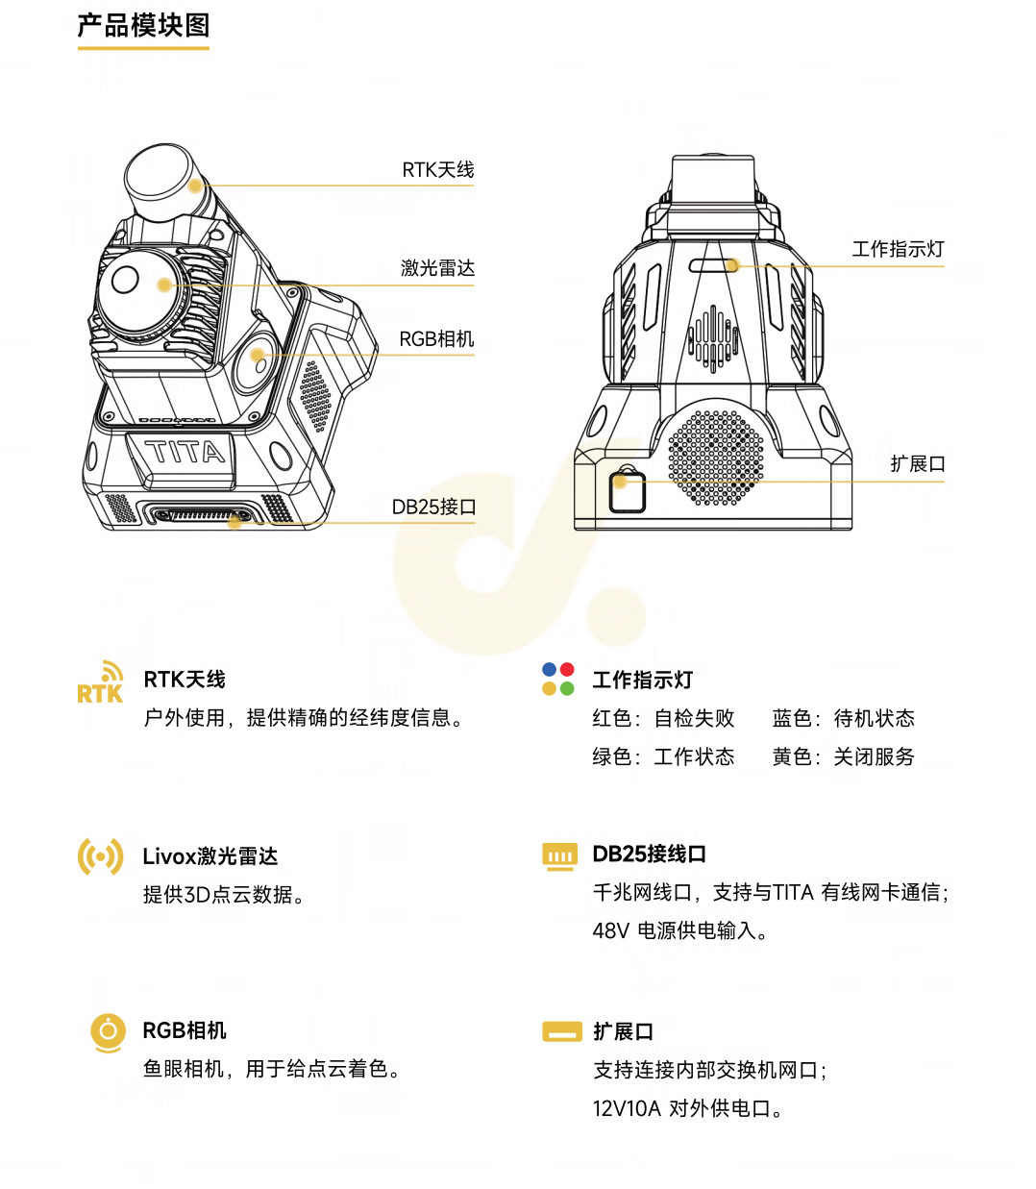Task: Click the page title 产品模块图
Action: pos(143,25)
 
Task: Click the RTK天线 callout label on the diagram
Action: pos(438,170)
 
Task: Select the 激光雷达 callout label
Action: pos(438,268)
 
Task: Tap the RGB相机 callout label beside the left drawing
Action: pos(437,339)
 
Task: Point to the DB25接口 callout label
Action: pos(434,508)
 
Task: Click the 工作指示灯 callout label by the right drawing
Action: pos(898,250)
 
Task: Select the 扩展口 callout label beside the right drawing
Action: pos(918,464)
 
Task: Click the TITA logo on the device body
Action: pos(185,452)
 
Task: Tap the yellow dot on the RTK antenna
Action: pos(196,186)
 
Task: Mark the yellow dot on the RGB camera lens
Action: pos(258,355)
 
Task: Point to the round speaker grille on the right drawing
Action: pos(716,458)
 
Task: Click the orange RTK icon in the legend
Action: pos(101,683)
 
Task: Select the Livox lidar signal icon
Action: pos(101,856)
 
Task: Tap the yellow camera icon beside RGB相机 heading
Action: pos(108,1032)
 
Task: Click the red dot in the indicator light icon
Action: pos(567,670)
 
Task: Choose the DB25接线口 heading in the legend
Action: pos(650,855)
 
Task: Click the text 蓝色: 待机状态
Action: pos(843,719)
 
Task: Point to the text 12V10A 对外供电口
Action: pos(688,1109)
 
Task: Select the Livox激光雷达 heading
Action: pos(210,856)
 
